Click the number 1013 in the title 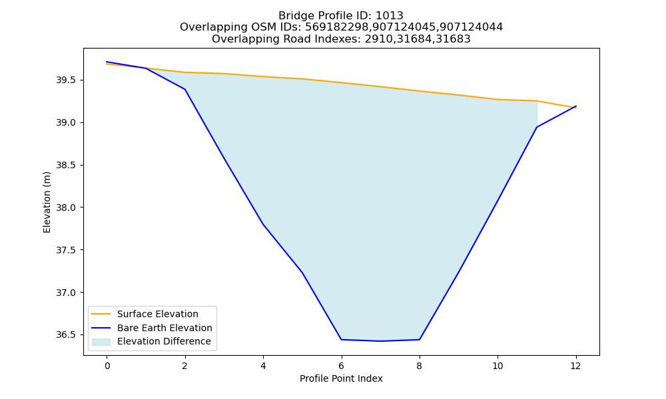[390, 16]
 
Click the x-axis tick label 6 [341, 366]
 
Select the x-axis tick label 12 [575, 366]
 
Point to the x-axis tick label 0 [107, 366]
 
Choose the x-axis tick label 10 [498, 366]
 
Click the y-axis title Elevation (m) [47, 202]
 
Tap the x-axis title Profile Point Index [341, 378]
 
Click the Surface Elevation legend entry [145, 314]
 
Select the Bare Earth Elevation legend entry [152, 328]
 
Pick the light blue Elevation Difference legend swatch [101, 342]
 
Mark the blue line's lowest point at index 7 [380, 341]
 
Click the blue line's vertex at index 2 [184, 89]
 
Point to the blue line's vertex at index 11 [537, 127]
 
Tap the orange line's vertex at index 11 [537, 101]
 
